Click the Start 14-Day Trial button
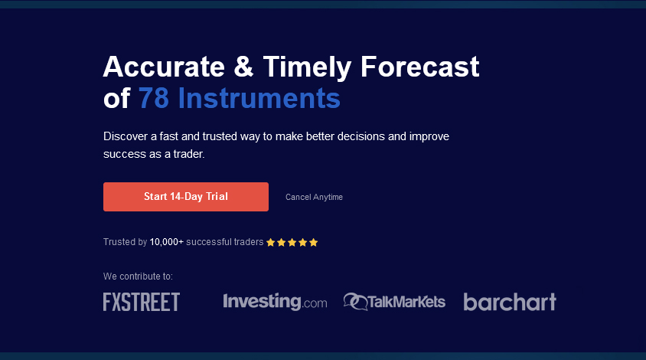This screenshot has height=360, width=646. coord(186,197)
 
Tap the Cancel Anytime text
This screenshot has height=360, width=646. coord(314,197)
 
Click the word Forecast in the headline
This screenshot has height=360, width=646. coord(419,67)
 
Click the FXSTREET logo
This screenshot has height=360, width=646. coord(142,302)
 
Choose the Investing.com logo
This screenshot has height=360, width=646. coord(275,302)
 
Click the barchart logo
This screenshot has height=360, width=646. coord(510,302)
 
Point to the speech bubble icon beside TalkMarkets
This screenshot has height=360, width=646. coord(354,302)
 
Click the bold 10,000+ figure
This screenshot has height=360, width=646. coord(167,242)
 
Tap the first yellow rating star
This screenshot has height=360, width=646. coord(270,242)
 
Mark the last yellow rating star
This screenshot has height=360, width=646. coord(313,242)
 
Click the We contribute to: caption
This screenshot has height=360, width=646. coord(138,277)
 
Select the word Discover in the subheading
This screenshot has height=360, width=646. coord(125,136)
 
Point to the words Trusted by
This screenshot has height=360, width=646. coord(125,242)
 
